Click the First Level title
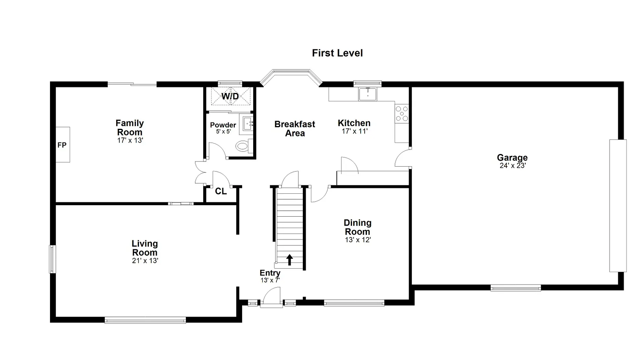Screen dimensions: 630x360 point(337,53)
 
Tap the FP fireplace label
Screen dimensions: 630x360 point(62,145)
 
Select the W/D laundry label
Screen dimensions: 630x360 point(230,96)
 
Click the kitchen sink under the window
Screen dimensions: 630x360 point(367,94)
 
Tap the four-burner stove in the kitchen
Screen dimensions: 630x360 point(402,113)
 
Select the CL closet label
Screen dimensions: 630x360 point(221,191)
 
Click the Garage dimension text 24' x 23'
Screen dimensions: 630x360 point(513,166)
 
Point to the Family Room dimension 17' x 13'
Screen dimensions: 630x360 point(130,140)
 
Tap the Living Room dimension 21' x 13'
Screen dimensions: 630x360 point(145,261)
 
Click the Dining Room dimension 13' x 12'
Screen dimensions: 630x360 point(358,240)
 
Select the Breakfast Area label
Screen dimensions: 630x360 point(295,128)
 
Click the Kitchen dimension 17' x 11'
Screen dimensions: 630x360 point(355,131)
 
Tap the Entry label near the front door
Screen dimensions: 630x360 point(270,273)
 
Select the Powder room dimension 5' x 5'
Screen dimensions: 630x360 point(223,131)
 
